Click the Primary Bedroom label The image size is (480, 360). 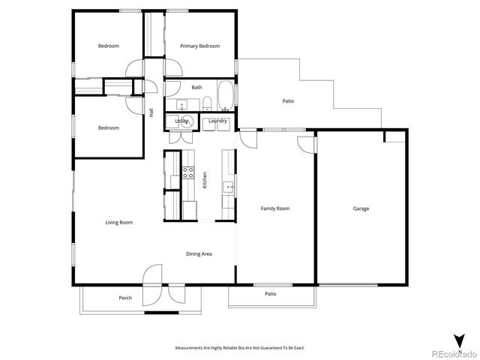[x=199, y=46]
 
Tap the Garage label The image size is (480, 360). [x=361, y=208]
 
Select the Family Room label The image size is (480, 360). [x=274, y=208]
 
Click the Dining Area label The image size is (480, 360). [x=199, y=253]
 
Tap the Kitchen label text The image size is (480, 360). [x=204, y=180]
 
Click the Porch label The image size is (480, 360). [x=125, y=298]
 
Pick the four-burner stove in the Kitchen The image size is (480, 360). [x=188, y=177]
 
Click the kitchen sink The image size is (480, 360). [x=228, y=186]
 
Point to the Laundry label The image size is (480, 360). [x=218, y=121]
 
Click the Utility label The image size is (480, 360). [x=182, y=121]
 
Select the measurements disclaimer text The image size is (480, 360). [x=240, y=348]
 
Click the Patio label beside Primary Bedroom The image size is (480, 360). [x=288, y=100]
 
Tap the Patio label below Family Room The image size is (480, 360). [x=270, y=293]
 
